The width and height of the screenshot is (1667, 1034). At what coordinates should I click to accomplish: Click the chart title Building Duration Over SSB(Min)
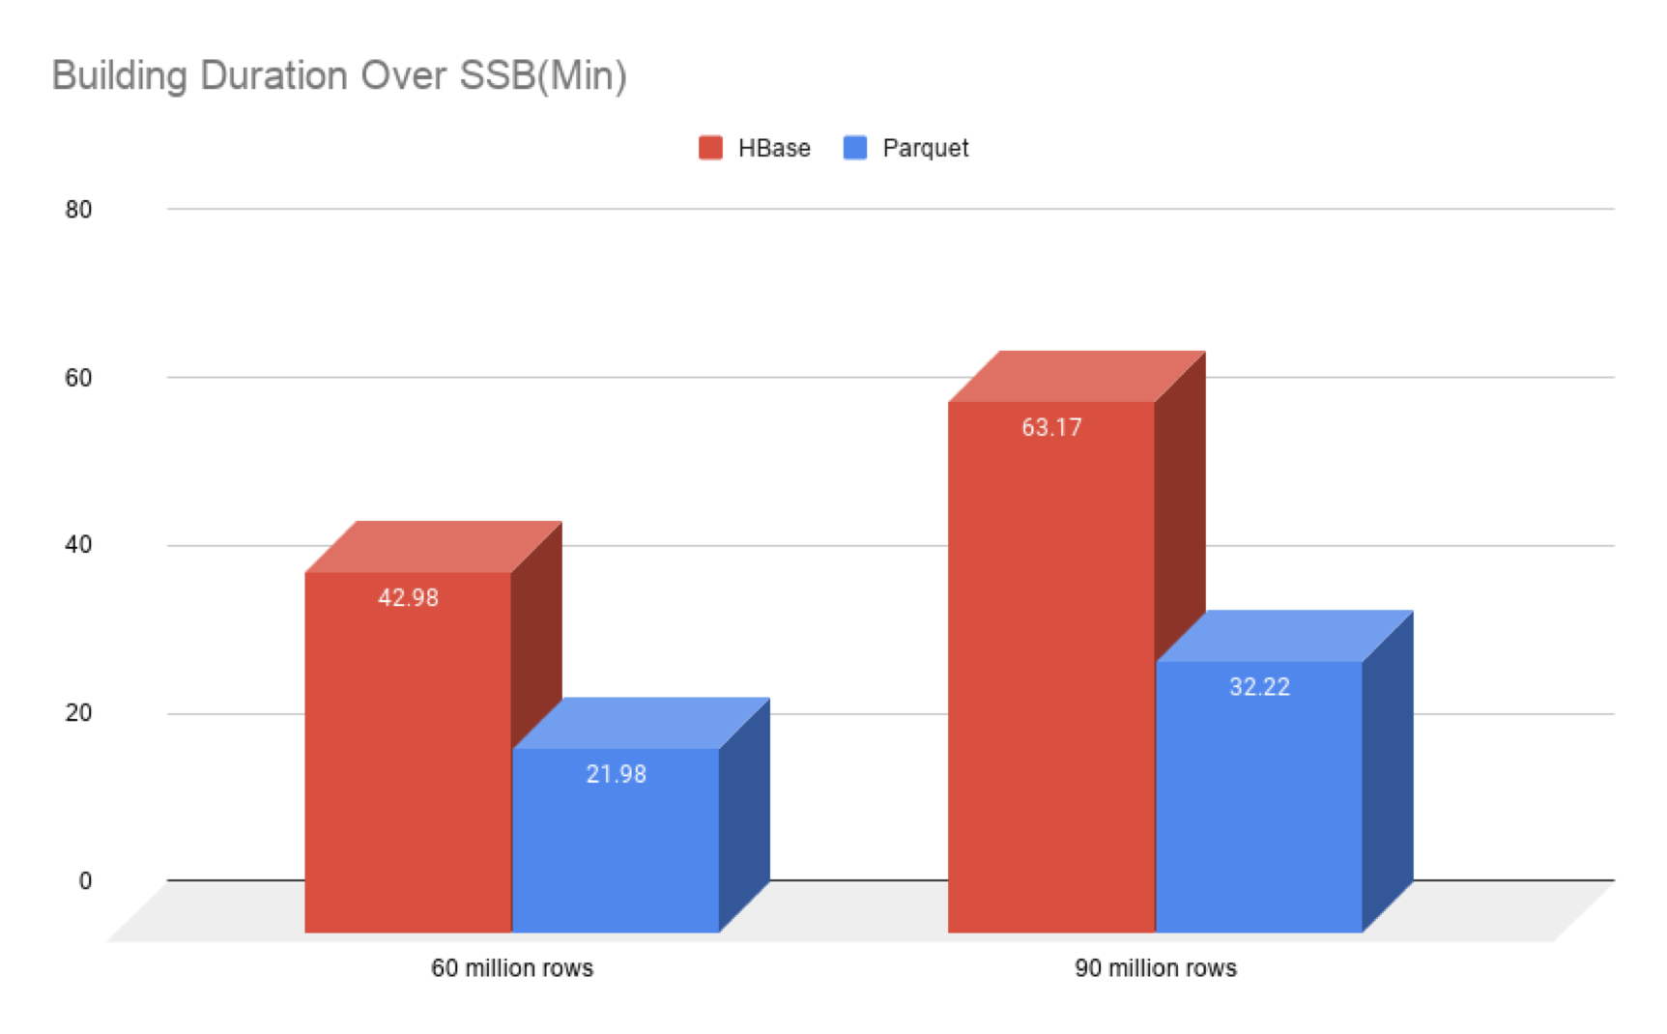pyautogui.click(x=339, y=75)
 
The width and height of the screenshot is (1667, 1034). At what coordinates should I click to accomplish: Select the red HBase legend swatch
pyautogui.click(x=710, y=148)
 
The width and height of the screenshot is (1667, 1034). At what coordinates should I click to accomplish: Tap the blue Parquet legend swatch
pyautogui.click(x=855, y=148)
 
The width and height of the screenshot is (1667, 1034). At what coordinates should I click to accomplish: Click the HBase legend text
pyautogui.click(x=774, y=148)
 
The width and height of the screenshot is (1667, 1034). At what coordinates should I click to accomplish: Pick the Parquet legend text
pyautogui.click(x=925, y=148)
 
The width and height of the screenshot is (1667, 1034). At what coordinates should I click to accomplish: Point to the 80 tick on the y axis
pyautogui.click(x=78, y=210)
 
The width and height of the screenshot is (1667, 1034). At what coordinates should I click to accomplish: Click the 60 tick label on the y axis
pyautogui.click(x=78, y=378)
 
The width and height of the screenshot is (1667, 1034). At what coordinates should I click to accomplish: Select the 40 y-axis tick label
pyautogui.click(x=78, y=545)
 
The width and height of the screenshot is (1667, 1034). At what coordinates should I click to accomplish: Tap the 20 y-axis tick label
pyautogui.click(x=78, y=713)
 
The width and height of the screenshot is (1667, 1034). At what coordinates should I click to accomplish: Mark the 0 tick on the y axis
pyautogui.click(x=85, y=881)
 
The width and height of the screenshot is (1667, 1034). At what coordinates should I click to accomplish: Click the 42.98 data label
pyautogui.click(x=408, y=598)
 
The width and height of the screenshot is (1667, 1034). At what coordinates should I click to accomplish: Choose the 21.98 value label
pyautogui.click(x=617, y=774)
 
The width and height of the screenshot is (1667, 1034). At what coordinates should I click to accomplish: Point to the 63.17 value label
pyautogui.click(x=1051, y=427)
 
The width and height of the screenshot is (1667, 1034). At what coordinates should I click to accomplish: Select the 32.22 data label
pyautogui.click(x=1259, y=687)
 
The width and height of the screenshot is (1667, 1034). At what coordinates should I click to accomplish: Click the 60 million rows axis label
pyautogui.click(x=512, y=968)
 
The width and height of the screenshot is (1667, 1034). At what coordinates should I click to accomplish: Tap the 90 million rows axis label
pyautogui.click(x=1156, y=968)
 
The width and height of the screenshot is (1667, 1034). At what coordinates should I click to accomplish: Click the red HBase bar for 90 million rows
pyautogui.click(x=1051, y=676)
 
